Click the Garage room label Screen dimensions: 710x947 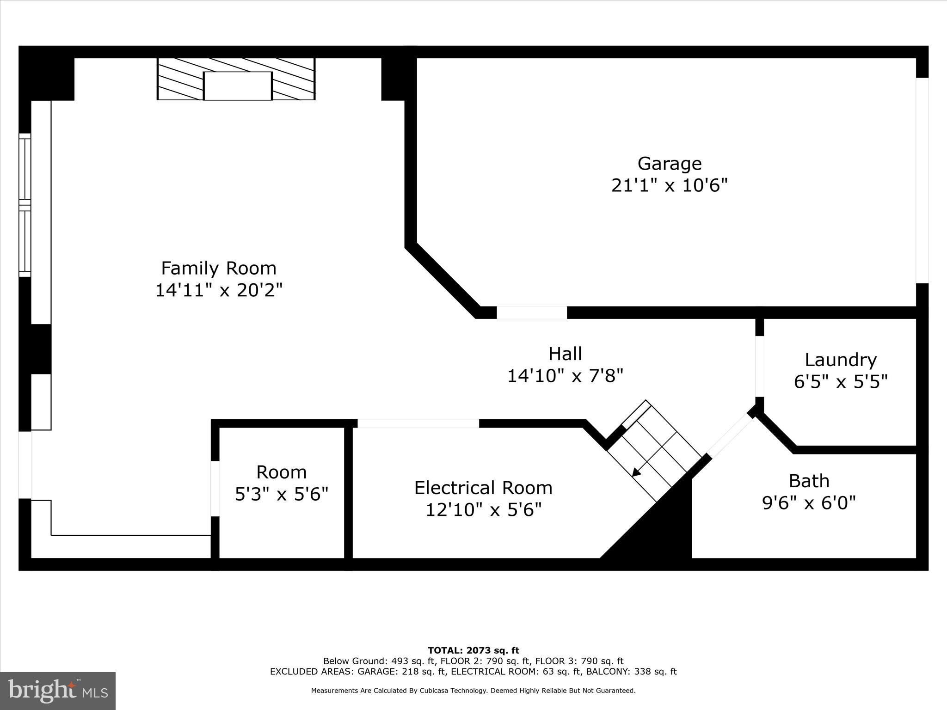669,164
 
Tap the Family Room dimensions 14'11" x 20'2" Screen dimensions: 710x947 218,290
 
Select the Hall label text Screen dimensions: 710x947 565,354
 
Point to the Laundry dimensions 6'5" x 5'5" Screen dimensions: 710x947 841,382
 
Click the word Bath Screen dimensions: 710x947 809,481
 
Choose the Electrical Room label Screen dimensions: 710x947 483,488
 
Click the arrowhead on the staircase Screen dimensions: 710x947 636,472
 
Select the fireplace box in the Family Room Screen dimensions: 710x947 238,86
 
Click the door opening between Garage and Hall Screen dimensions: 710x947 532,313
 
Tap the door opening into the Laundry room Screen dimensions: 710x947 759,366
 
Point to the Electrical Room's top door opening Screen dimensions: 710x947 418,423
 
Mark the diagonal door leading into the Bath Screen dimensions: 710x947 730,435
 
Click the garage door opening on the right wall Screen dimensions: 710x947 922,180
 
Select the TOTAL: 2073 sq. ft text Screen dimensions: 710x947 473,651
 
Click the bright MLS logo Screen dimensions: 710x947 58,691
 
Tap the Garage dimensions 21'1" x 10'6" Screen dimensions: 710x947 669,186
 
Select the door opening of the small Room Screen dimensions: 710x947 215,489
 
